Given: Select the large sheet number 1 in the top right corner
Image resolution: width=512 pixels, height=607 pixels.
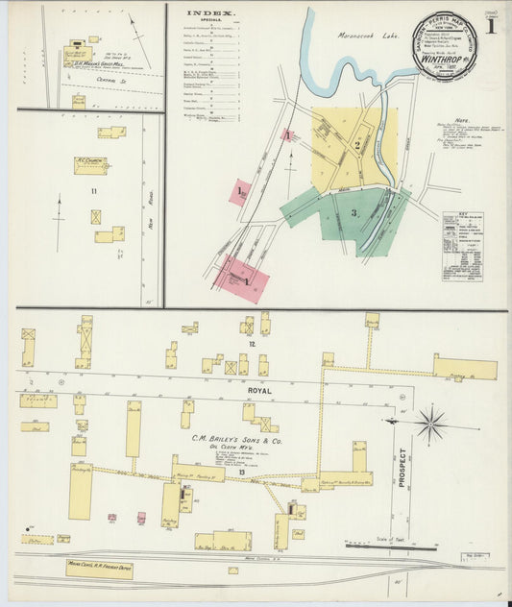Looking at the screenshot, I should tap(492, 25).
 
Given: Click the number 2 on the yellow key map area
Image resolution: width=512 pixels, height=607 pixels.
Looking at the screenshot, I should tap(356, 145).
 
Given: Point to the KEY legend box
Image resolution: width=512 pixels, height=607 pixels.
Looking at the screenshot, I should tap(462, 246).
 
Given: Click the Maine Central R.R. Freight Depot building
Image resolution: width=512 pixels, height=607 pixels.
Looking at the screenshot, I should tap(99, 569).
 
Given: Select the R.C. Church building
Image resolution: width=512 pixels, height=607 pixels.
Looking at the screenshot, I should tap(89, 164).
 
